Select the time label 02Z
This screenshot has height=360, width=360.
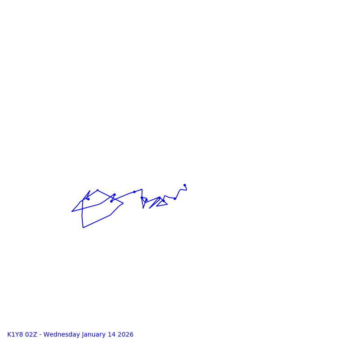[31, 335]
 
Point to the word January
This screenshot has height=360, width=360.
[94, 335]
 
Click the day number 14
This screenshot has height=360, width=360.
[112, 335]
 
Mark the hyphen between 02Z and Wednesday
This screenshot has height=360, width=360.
[40, 335]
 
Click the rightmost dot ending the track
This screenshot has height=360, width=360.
[184, 185]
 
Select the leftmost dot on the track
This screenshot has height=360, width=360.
[88, 199]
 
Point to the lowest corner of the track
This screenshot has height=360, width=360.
[83, 228]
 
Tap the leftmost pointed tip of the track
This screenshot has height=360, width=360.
[72, 211]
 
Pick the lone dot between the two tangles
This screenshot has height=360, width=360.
[134, 192]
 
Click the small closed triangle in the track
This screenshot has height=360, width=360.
[162, 203]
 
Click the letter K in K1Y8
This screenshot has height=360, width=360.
[9, 335]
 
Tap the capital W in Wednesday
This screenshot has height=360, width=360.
[46, 335]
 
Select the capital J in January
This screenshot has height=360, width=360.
[83, 335]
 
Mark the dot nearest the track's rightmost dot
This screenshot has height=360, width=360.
[175, 198]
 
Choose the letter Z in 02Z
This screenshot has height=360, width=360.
[35, 335]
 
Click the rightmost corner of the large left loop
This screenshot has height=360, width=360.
[123, 203]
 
